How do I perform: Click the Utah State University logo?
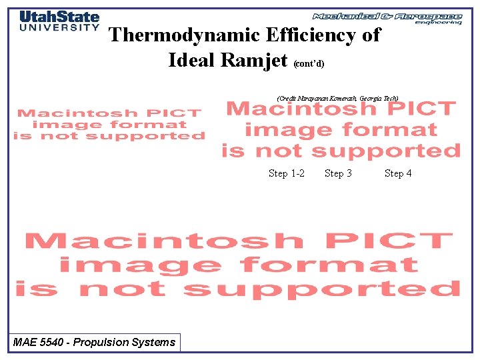click(59, 21)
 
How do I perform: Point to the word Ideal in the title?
click(191, 60)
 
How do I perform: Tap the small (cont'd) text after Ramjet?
click(309, 64)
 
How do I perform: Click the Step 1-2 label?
click(287, 173)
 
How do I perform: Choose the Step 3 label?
click(338, 173)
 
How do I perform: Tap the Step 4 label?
click(398, 173)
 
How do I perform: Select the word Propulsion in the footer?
click(103, 343)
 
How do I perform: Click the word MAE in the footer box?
click(25, 343)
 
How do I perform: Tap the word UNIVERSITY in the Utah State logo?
click(59, 28)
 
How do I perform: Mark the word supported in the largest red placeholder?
click(321, 289)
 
